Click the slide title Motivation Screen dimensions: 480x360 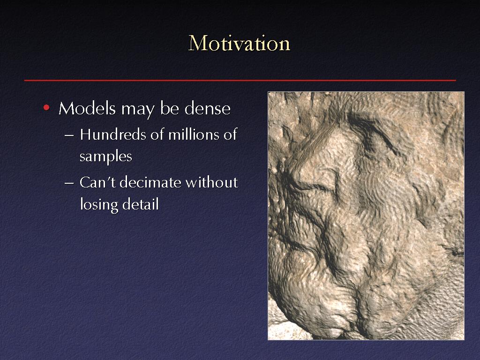[x=239, y=43]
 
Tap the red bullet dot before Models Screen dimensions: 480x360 [x=46, y=107]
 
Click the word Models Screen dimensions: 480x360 [x=87, y=108]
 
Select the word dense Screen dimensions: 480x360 [x=207, y=108]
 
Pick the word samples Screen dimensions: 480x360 [x=105, y=157]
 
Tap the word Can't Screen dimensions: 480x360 [x=97, y=182]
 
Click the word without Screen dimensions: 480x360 [x=212, y=182]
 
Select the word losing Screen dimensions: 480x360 [x=99, y=204]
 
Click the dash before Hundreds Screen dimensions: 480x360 [x=69, y=135]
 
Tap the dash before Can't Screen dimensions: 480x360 [x=69, y=183]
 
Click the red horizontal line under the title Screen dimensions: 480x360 [x=240, y=81]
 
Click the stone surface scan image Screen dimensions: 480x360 [x=366, y=216]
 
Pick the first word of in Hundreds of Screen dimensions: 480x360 [x=157, y=135]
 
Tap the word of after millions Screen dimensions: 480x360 [x=230, y=135]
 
